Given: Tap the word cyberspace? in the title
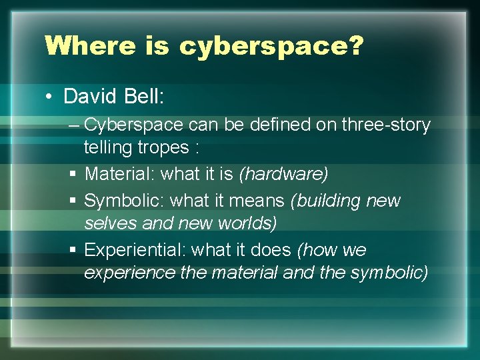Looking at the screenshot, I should coord(271,47).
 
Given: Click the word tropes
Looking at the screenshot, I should coord(163,147).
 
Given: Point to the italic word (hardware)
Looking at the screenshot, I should coord(283,175).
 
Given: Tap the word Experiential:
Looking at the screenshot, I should coord(135,250).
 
